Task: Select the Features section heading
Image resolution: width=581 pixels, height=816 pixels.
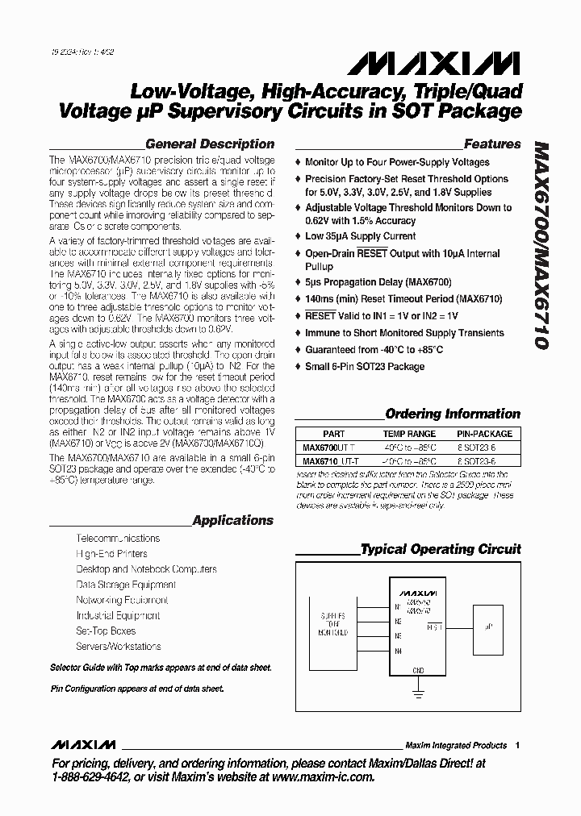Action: click(x=492, y=144)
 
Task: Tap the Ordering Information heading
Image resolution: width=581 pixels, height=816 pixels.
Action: click(x=453, y=414)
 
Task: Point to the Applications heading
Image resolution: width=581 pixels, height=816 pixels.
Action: click(x=232, y=520)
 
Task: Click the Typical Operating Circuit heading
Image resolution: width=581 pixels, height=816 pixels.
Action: click(x=441, y=549)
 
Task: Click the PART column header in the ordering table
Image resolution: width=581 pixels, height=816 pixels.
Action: click(x=333, y=434)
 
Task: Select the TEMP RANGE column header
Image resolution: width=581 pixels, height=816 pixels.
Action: click(x=409, y=434)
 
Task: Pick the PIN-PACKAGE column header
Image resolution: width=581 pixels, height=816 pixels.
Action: click(x=485, y=434)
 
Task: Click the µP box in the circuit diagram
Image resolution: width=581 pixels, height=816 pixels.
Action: click(x=489, y=625)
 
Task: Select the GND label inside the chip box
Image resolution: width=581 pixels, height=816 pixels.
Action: click(x=417, y=669)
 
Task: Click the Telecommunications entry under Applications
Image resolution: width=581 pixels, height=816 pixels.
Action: click(x=118, y=538)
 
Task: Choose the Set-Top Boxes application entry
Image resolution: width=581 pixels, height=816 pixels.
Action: click(x=106, y=631)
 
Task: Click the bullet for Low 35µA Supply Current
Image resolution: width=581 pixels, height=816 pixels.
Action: click(x=299, y=237)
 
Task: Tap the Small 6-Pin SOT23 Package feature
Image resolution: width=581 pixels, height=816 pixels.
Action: click(x=364, y=367)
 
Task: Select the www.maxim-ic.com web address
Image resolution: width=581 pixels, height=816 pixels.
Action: click(x=323, y=777)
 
